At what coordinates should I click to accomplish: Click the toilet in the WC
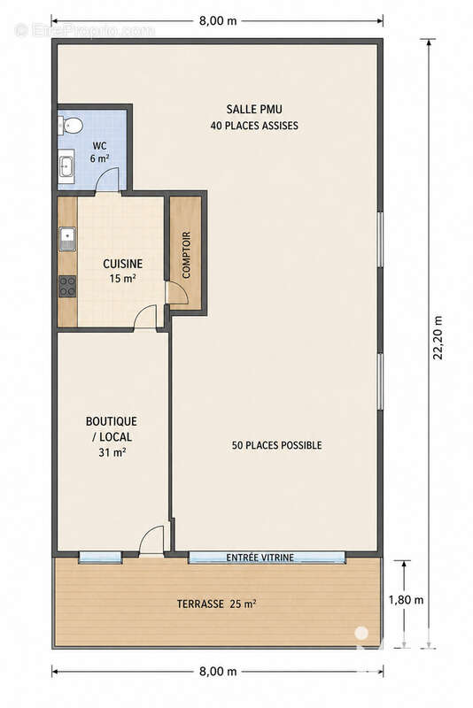click(x=70, y=125)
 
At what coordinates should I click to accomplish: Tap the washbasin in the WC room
click(x=66, y=165)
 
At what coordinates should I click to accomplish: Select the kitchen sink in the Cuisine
click(x=66, y=239)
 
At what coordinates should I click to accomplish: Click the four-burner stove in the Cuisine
click(x=67, y=286)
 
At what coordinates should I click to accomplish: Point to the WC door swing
click(x=107, y=181)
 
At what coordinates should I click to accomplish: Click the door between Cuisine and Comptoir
click(x=176, y=294)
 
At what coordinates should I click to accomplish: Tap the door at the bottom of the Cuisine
click(x=145, y=318)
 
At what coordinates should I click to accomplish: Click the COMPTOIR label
click(x=186, y=255)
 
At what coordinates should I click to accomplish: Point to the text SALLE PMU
click(x=254, y=109)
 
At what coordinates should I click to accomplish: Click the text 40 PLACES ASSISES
click(x=254, y=126)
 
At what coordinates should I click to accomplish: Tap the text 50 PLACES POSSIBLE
click(x=276, y=445)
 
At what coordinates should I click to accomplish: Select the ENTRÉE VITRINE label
click(x=260, y=558)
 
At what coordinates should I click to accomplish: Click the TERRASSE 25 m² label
click(x=216, y=604)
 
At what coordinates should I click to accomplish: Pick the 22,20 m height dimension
click(x=438, y=338)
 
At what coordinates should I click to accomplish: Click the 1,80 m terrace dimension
click(x=407, y=600)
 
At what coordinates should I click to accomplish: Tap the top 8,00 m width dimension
click(x=218, y=20)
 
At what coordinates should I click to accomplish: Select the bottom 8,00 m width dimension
click(x=218, y=671)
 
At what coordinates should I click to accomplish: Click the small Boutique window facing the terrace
click(x=100, y=558)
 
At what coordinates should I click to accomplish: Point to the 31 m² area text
click(x=112, y=452)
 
